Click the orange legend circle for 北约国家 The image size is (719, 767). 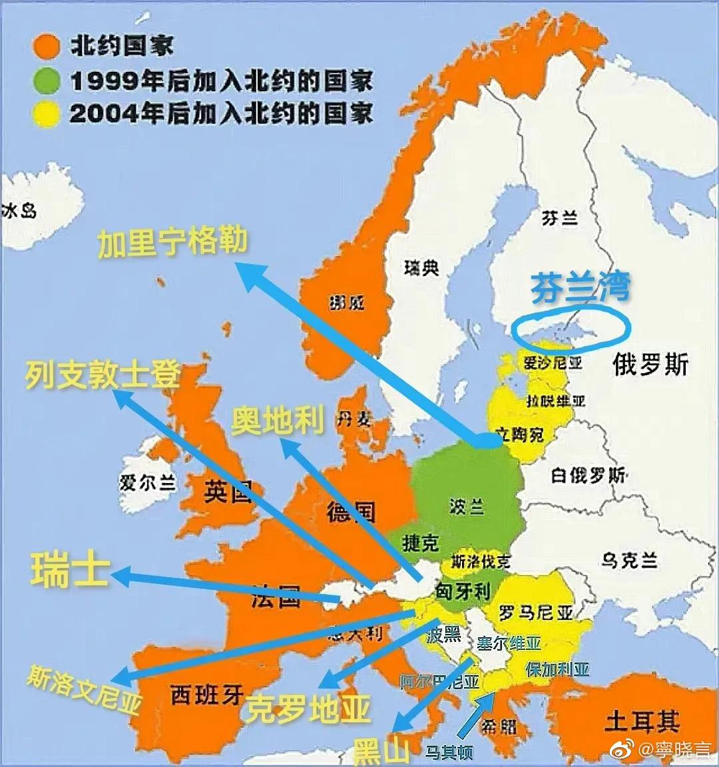[46, 47]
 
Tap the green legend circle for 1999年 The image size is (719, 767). [46, 81]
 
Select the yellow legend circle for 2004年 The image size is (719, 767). [46, 114]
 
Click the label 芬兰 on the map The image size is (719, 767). [559, 217]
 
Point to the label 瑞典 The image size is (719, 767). [421, 267]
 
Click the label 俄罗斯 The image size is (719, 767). [650, 365]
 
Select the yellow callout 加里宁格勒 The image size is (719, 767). [172, 241]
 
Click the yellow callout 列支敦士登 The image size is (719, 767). [103, 375]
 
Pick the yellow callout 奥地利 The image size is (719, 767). [278, 421]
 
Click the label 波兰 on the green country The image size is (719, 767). [466, 506]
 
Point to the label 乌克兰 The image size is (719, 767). [629, 560]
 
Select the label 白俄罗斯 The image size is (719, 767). [589, 475]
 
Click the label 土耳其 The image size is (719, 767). [642, 721]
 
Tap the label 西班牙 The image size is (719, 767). [207, 695]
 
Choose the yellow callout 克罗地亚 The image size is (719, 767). [308, 710]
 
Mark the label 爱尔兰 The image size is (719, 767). [147, 482]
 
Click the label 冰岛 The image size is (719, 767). [19, 212]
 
